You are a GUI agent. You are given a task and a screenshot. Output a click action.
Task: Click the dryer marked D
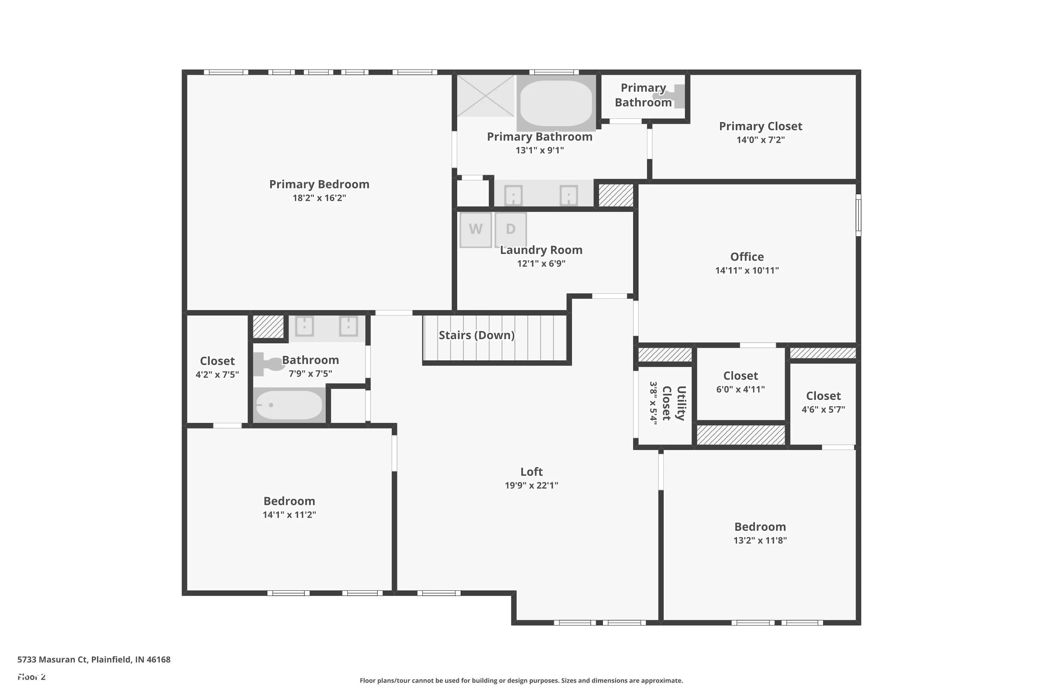pyautogui.click(x=510, y=230)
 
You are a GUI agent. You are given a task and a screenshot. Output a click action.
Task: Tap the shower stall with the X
pyautogui.click(x=486, y=96)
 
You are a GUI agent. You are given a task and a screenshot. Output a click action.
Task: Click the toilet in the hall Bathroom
pyautogui.click(x=269, y=364)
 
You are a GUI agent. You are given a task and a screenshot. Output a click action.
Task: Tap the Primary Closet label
pyautogui.click(x=761, y=126)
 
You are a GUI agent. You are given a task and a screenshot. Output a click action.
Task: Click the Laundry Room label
pyautogui.click(x=541, y=250)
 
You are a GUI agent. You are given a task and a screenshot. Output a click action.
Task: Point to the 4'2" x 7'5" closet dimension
pyautogui.click(x=217, y=375)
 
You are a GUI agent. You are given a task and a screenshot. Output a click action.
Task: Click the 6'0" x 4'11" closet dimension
pyautogui.click(x=741, y=389)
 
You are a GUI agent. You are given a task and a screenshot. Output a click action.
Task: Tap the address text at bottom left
pyautogui.click(x=94, y=659)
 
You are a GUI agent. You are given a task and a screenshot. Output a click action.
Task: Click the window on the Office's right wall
pyautogui.click(x=858, y=215)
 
